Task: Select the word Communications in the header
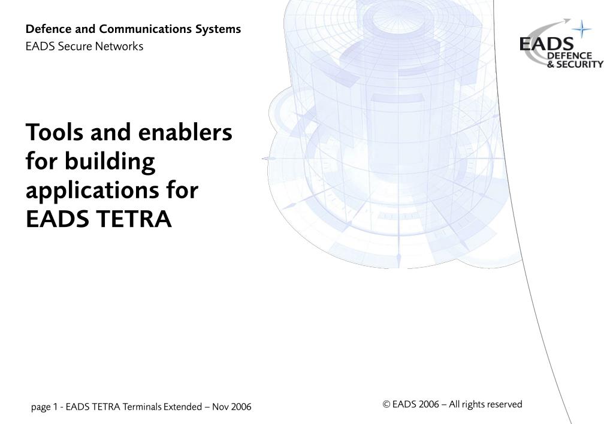tap(144, 29)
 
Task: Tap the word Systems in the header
tap(218, 29)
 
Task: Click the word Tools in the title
tap(55, 132)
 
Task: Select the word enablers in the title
tap(185, 132)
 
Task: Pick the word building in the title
tap(110, 161)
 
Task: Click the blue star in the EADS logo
tap(582, 29)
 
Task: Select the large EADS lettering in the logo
tap(546, 44)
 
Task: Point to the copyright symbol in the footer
tap(386, 404)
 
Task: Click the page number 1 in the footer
tap(55, 407)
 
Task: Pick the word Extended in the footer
tap(183, 407)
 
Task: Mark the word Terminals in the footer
tap(142, 407)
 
